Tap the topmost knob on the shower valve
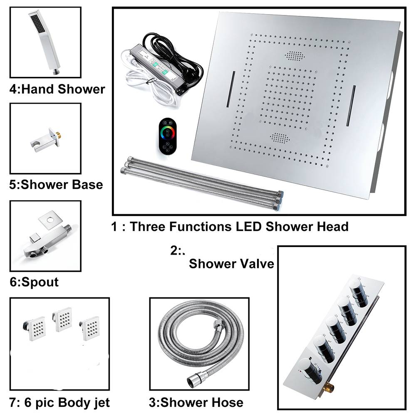(359, 293)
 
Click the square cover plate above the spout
(51, 220)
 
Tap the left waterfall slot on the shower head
(231, 89)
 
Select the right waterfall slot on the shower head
(350, 106)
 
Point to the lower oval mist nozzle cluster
(280, 137)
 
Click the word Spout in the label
(40, 282)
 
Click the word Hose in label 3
(228, 402)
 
